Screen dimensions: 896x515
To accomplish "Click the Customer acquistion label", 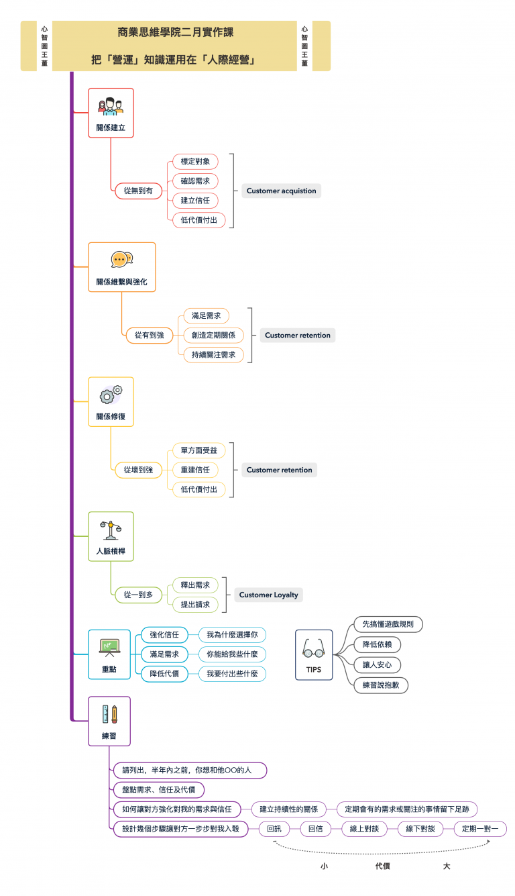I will [281, 191].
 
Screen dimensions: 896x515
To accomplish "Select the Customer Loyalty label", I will [268, 595].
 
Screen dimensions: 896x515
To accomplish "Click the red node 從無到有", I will [138, 191].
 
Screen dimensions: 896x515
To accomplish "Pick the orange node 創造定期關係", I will [213, 335].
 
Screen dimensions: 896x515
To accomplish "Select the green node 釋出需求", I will [195, 585].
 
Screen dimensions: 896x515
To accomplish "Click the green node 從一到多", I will [138, 595].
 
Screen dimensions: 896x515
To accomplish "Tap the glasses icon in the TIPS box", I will [314, 649].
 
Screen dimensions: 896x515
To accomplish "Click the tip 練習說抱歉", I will [381, 685].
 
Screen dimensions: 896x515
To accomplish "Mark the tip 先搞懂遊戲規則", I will [388, 624].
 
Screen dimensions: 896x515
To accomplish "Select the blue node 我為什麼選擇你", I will [232, 634].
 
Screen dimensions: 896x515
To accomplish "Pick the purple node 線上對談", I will [364, 829].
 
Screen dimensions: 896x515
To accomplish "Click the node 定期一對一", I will [480, 829].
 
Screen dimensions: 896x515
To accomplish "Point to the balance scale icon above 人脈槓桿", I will [111, 530].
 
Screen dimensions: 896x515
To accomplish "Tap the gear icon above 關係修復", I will [111, 394].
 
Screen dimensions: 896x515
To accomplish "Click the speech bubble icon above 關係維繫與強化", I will [122, 260].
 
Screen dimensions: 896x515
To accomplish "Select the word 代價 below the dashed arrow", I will [382, 866].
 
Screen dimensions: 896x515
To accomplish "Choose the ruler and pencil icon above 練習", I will [110, 714].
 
